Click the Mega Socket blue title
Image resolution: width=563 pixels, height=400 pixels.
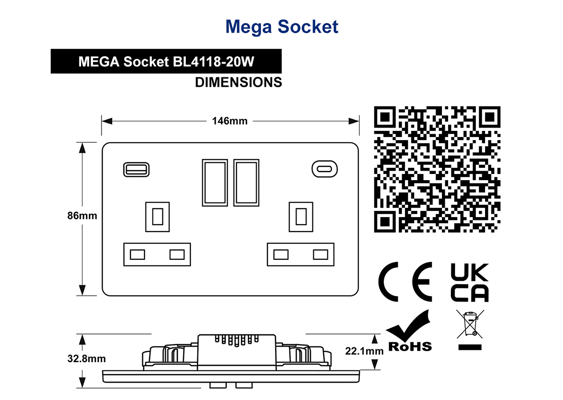[x=282, y=27]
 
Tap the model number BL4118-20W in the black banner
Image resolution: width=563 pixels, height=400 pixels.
[x=213, y=61]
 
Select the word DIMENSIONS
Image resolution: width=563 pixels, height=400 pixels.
[x=238, y=83]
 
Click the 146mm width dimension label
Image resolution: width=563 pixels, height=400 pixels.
[x=230, y=121]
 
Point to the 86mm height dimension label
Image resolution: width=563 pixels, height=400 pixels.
[x=82, y=216]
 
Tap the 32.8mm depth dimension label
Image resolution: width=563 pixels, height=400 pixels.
[x=86, y=359]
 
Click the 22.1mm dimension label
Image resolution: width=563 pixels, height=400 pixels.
[x=364, y=351]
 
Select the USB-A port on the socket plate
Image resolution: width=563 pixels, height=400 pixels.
[x=136, y=170]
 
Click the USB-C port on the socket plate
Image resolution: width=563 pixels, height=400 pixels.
[x=325, y=169]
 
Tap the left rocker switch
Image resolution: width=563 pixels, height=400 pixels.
[x=215, y=183]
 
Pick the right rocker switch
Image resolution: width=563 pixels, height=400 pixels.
[x=246, y=183]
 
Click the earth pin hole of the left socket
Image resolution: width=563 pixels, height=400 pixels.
[x=158, y=217]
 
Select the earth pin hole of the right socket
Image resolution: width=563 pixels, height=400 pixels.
[x=301, y=217]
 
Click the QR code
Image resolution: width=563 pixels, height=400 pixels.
[x=437, y=169]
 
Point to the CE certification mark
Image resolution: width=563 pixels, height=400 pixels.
[x=405, y=282]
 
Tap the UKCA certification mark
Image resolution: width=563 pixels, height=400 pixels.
[x=470, y=282]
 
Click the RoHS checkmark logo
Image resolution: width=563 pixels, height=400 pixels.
[x=410, y=330]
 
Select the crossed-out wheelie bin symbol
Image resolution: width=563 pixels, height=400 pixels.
[x=470, y=330]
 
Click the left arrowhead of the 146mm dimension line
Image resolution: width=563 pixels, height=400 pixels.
[x=107, y=121]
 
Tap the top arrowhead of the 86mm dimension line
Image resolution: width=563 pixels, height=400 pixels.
[x=82, y=148]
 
